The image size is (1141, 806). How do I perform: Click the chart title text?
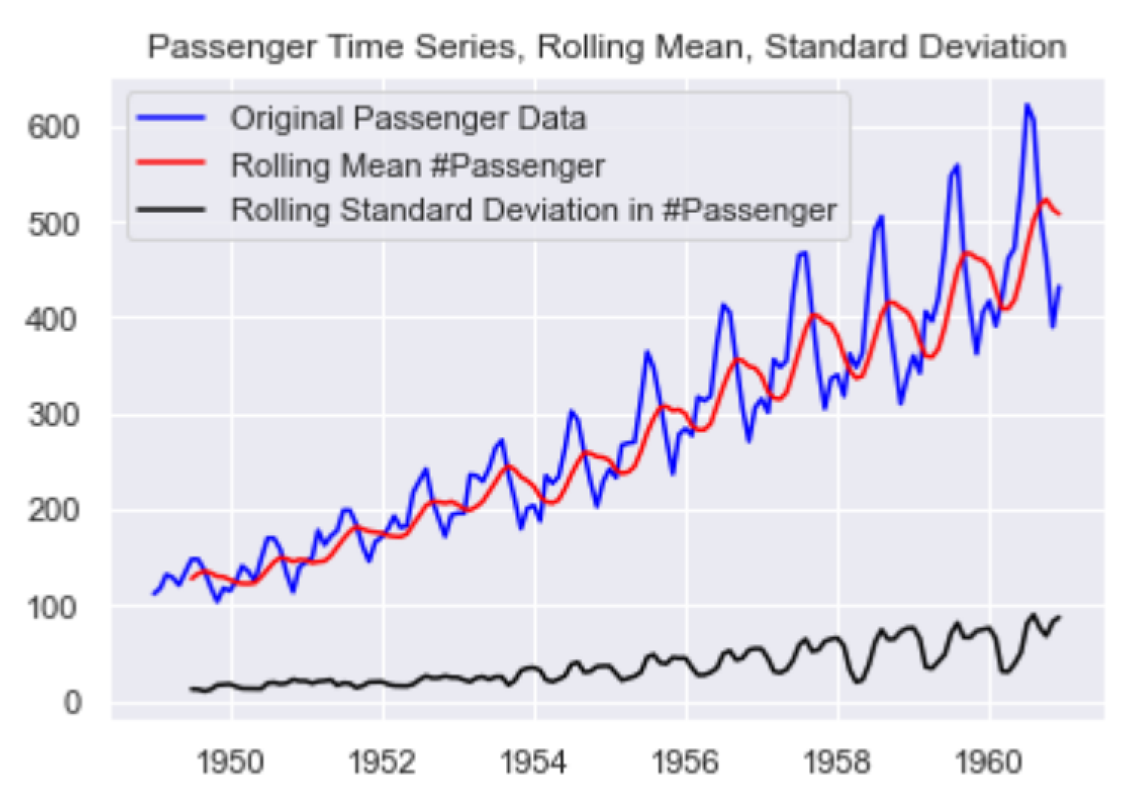pos(607,47)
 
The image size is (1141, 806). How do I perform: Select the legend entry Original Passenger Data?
pos(408,119)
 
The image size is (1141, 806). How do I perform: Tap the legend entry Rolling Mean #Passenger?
pos(417,166)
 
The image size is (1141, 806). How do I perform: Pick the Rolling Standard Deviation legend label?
pos(534,210)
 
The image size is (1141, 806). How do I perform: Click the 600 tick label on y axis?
pos(53,128)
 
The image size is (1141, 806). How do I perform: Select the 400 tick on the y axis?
pos(53,320)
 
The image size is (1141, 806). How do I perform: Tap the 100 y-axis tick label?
pos(53,608)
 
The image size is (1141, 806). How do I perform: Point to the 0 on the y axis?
pos(71,703)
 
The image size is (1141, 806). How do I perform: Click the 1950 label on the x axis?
pos(232,762)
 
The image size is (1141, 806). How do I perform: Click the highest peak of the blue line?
pos(1027,105)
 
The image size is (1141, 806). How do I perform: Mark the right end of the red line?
pos(1059,214)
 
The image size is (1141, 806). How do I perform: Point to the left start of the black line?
pos(191,689)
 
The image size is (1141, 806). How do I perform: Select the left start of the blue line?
pos(154,594)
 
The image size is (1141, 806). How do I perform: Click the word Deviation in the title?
pos(993,47)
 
